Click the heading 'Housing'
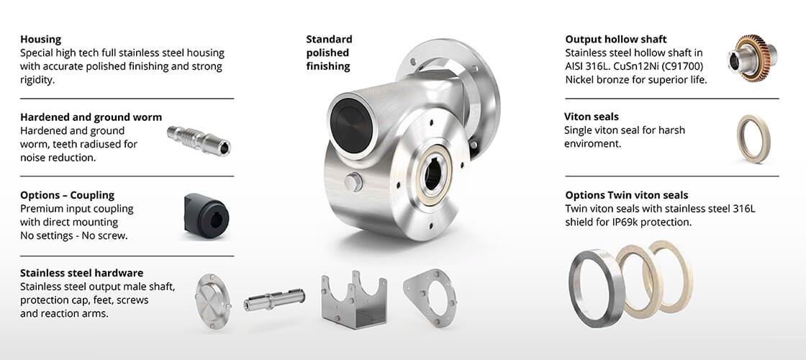pos(40,40)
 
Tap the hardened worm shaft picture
pos(199,140)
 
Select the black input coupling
pos(206,216)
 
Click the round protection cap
pos(213,301)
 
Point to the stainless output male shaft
pos(274,300)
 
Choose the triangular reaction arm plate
pos(430,298)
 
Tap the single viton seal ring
pos(753,138)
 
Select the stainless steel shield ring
pos(597,288)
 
